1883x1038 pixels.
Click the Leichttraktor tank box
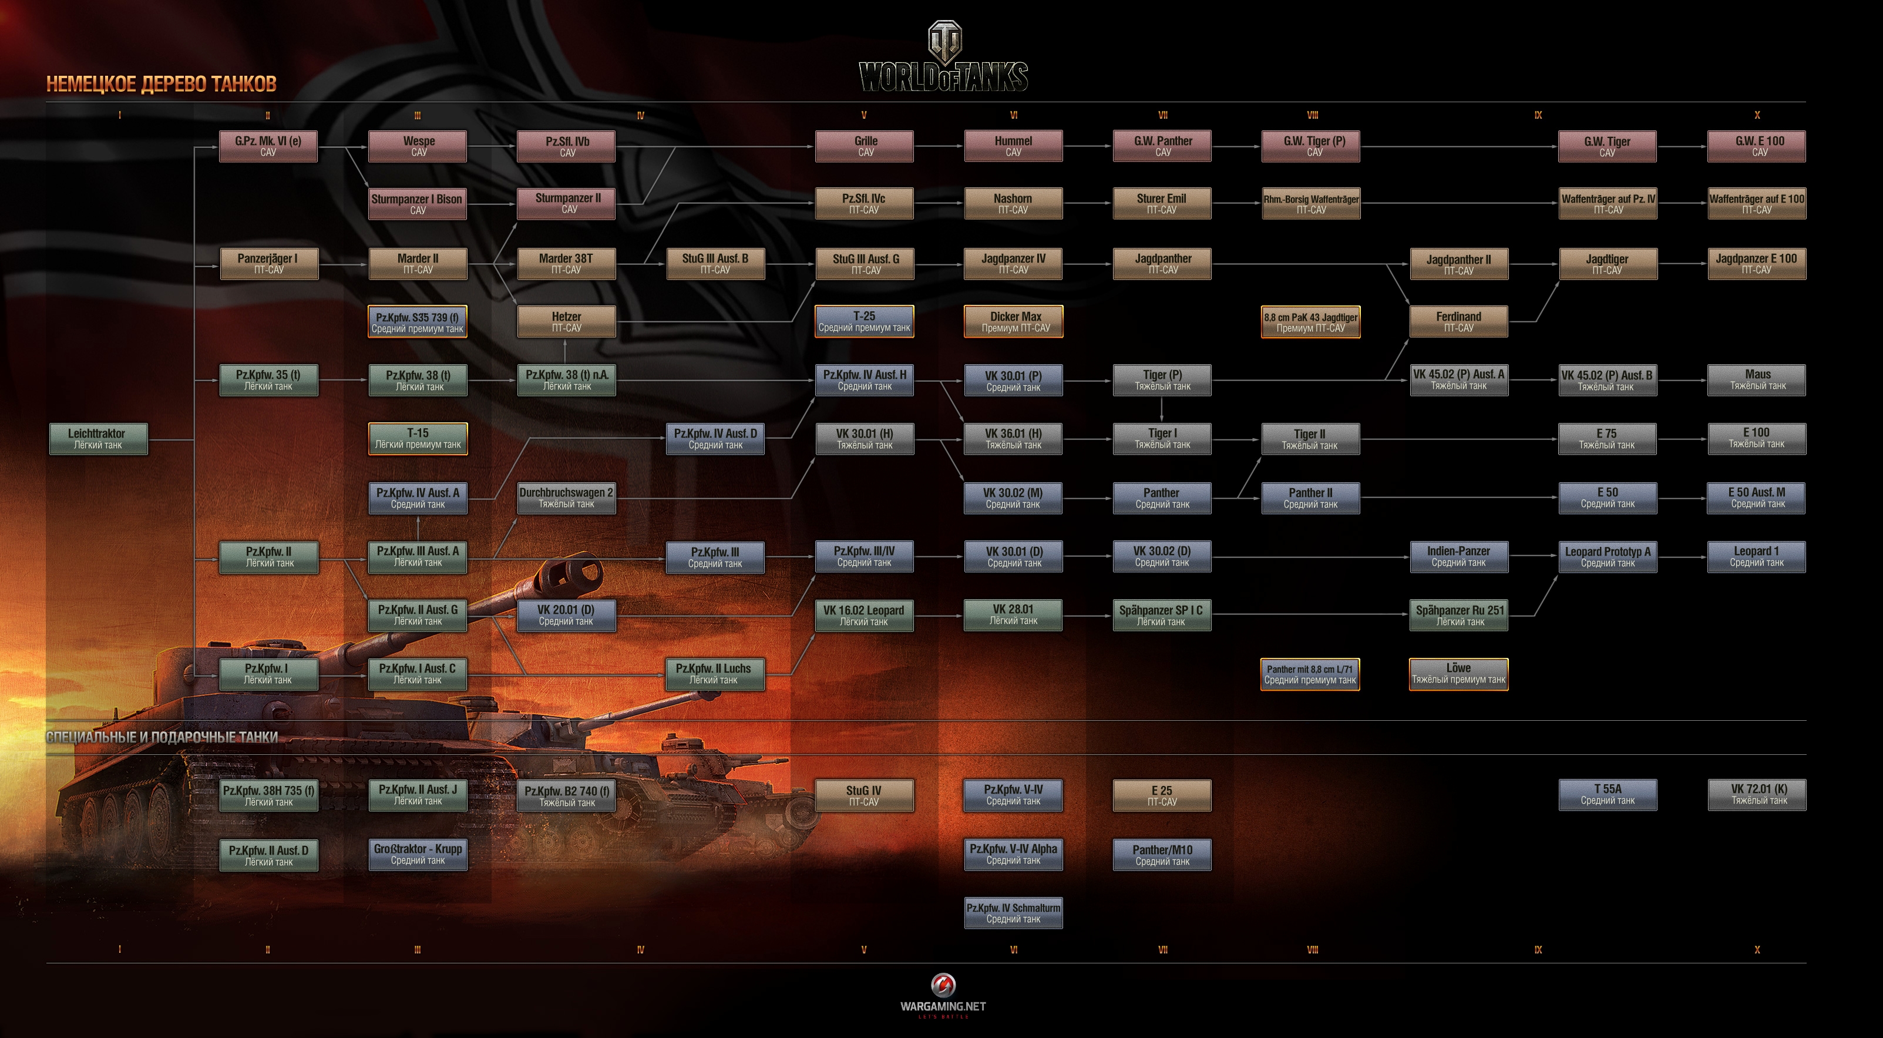pos(98,439)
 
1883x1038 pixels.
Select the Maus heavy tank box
pos(1757,380)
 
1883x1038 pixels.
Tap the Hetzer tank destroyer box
pos(567,322)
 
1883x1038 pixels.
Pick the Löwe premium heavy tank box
pos(1458,673)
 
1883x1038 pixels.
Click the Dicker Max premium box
pos(1014,322)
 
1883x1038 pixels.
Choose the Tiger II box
pos(1310,439)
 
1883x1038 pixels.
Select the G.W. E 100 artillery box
pos(1757,146)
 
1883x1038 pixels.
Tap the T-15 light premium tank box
pos(418,439)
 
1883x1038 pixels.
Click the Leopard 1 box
pos(1757,556)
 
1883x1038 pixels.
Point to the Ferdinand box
pos(1458,322)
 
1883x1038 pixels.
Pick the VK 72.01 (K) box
pos(1757,795)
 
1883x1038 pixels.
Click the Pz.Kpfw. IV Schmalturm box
pos(1014,913)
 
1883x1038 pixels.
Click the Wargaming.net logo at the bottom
pos(943,994)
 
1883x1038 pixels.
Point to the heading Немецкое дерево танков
pos(162,84)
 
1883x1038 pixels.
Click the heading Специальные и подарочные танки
pos(162,737)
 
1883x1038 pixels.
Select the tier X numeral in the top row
pos(1757,115)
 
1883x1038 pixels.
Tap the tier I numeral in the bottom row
pos(120,949)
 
